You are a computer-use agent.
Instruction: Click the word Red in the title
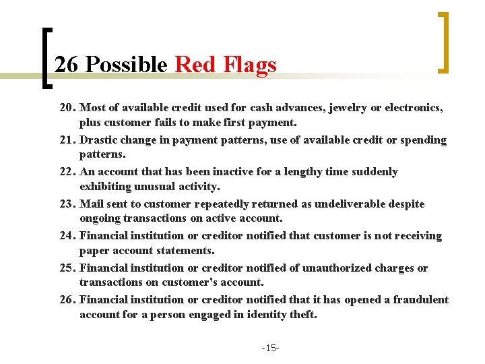pos(194,65)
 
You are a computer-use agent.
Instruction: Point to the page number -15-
pos(271,348)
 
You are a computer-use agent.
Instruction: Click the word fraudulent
pos(420,299)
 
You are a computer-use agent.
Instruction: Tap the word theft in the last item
pos(302,314)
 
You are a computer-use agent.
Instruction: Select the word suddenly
pos(374,172)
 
